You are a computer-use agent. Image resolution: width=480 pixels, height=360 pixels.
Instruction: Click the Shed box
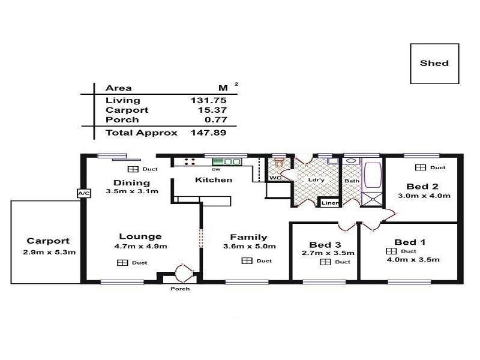434,63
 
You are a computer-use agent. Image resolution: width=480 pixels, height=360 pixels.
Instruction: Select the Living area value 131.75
208,100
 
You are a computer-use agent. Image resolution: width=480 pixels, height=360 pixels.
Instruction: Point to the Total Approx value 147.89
208,133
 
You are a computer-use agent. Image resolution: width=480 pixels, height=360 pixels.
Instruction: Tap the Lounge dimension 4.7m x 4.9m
140,246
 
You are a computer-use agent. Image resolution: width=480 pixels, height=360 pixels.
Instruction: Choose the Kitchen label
213,179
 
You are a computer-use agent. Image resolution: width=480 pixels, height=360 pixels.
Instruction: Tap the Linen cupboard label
331,203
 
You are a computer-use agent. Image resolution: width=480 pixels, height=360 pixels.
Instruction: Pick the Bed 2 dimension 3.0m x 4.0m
423,196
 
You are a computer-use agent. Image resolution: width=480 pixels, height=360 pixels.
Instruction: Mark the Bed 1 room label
414,242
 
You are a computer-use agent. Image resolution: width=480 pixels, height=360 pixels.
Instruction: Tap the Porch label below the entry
179,289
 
